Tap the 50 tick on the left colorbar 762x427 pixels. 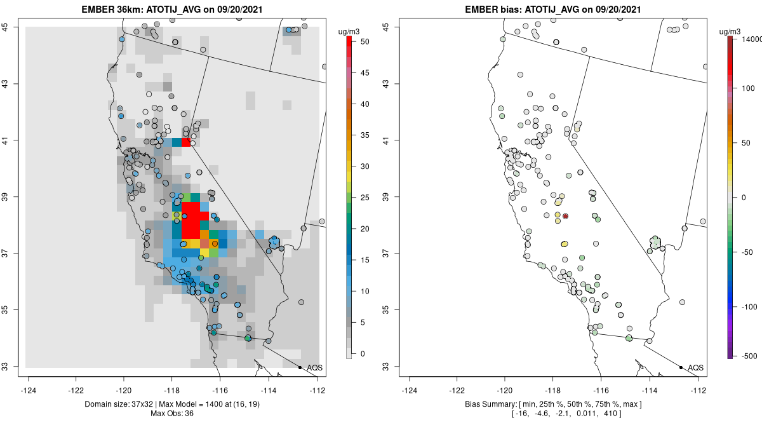(365, 42)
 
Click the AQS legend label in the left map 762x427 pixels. (315, 367)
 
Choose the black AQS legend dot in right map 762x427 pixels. (680, 367)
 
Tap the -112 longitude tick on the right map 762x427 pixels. (698, 390)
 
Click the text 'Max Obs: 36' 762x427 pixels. (172, 414)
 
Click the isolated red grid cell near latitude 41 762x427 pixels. (185, 142)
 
